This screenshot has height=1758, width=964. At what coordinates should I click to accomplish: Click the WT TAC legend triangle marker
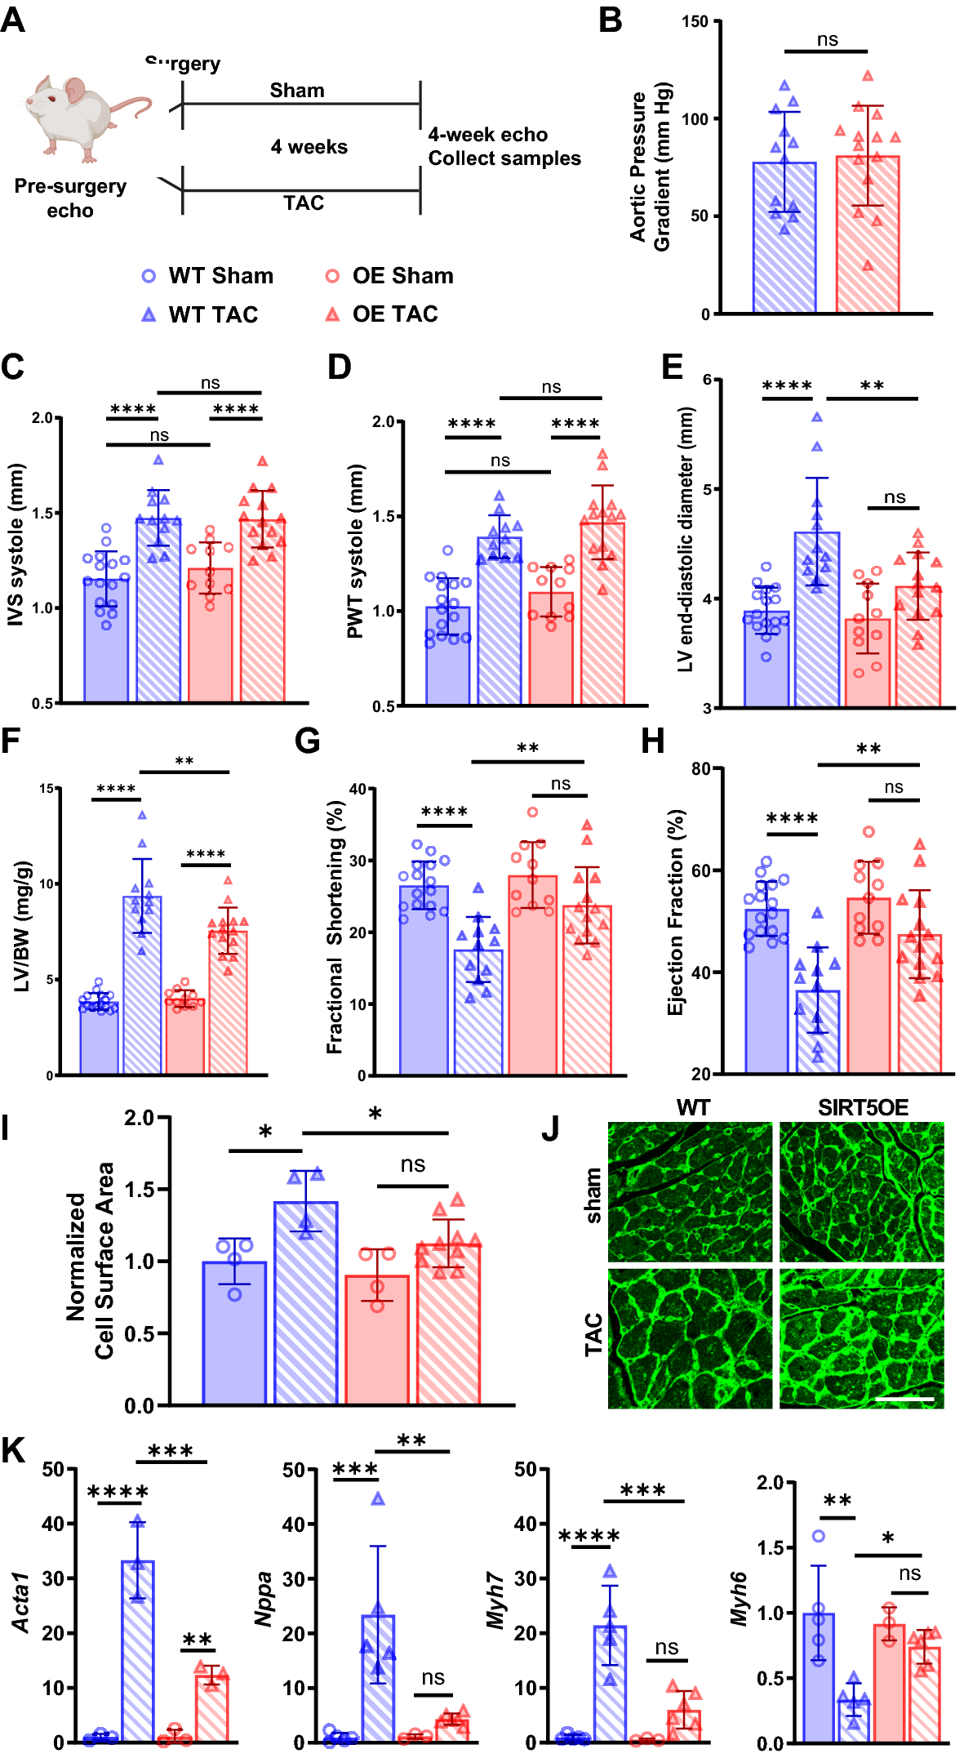tap(149, 314)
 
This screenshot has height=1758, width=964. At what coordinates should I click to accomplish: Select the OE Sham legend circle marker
tap(332, 276)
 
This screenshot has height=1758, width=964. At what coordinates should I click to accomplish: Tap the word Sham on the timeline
tap(297, 91)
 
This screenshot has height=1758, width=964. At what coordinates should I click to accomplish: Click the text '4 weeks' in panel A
tap(309, 147)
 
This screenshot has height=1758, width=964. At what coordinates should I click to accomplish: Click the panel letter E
tap(671, 367)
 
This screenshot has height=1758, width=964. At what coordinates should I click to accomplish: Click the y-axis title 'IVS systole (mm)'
tap(16, 545)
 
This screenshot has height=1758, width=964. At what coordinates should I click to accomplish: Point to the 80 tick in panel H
tap(700, 768)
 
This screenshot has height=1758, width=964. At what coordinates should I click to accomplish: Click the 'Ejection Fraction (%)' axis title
tap(675, 912)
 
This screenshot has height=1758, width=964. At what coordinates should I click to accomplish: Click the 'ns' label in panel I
tap(412, 1164)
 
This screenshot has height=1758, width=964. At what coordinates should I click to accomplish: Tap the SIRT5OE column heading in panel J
tap(863, 1108)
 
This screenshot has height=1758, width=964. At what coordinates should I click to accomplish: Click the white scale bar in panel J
tap(904, 1400)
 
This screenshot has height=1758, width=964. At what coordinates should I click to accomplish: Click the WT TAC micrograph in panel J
tap(690, 1337)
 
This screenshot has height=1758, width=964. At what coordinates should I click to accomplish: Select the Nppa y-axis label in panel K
tap(264, 1600)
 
